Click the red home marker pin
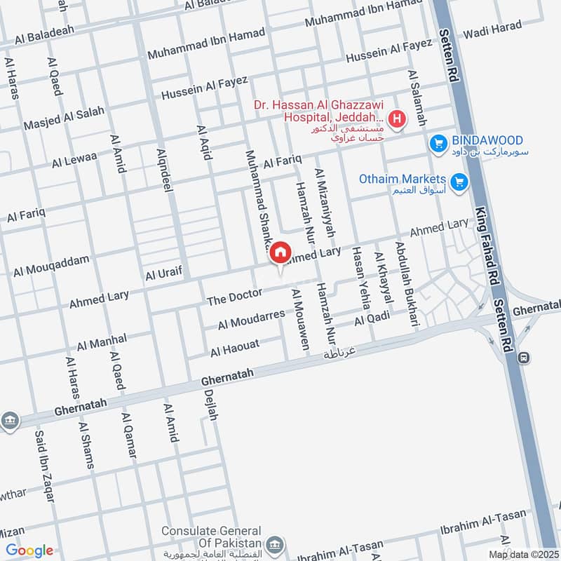coord(280,252)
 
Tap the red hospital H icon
coord(397,119)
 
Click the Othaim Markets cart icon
coord(459,182)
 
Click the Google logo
coord(29,550)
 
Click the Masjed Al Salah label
coord(64,118)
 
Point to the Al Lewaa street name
coord(74,159)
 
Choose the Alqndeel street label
coord(165,168)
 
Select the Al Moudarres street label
coord(251,320)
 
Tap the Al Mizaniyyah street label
coord(325,202)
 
